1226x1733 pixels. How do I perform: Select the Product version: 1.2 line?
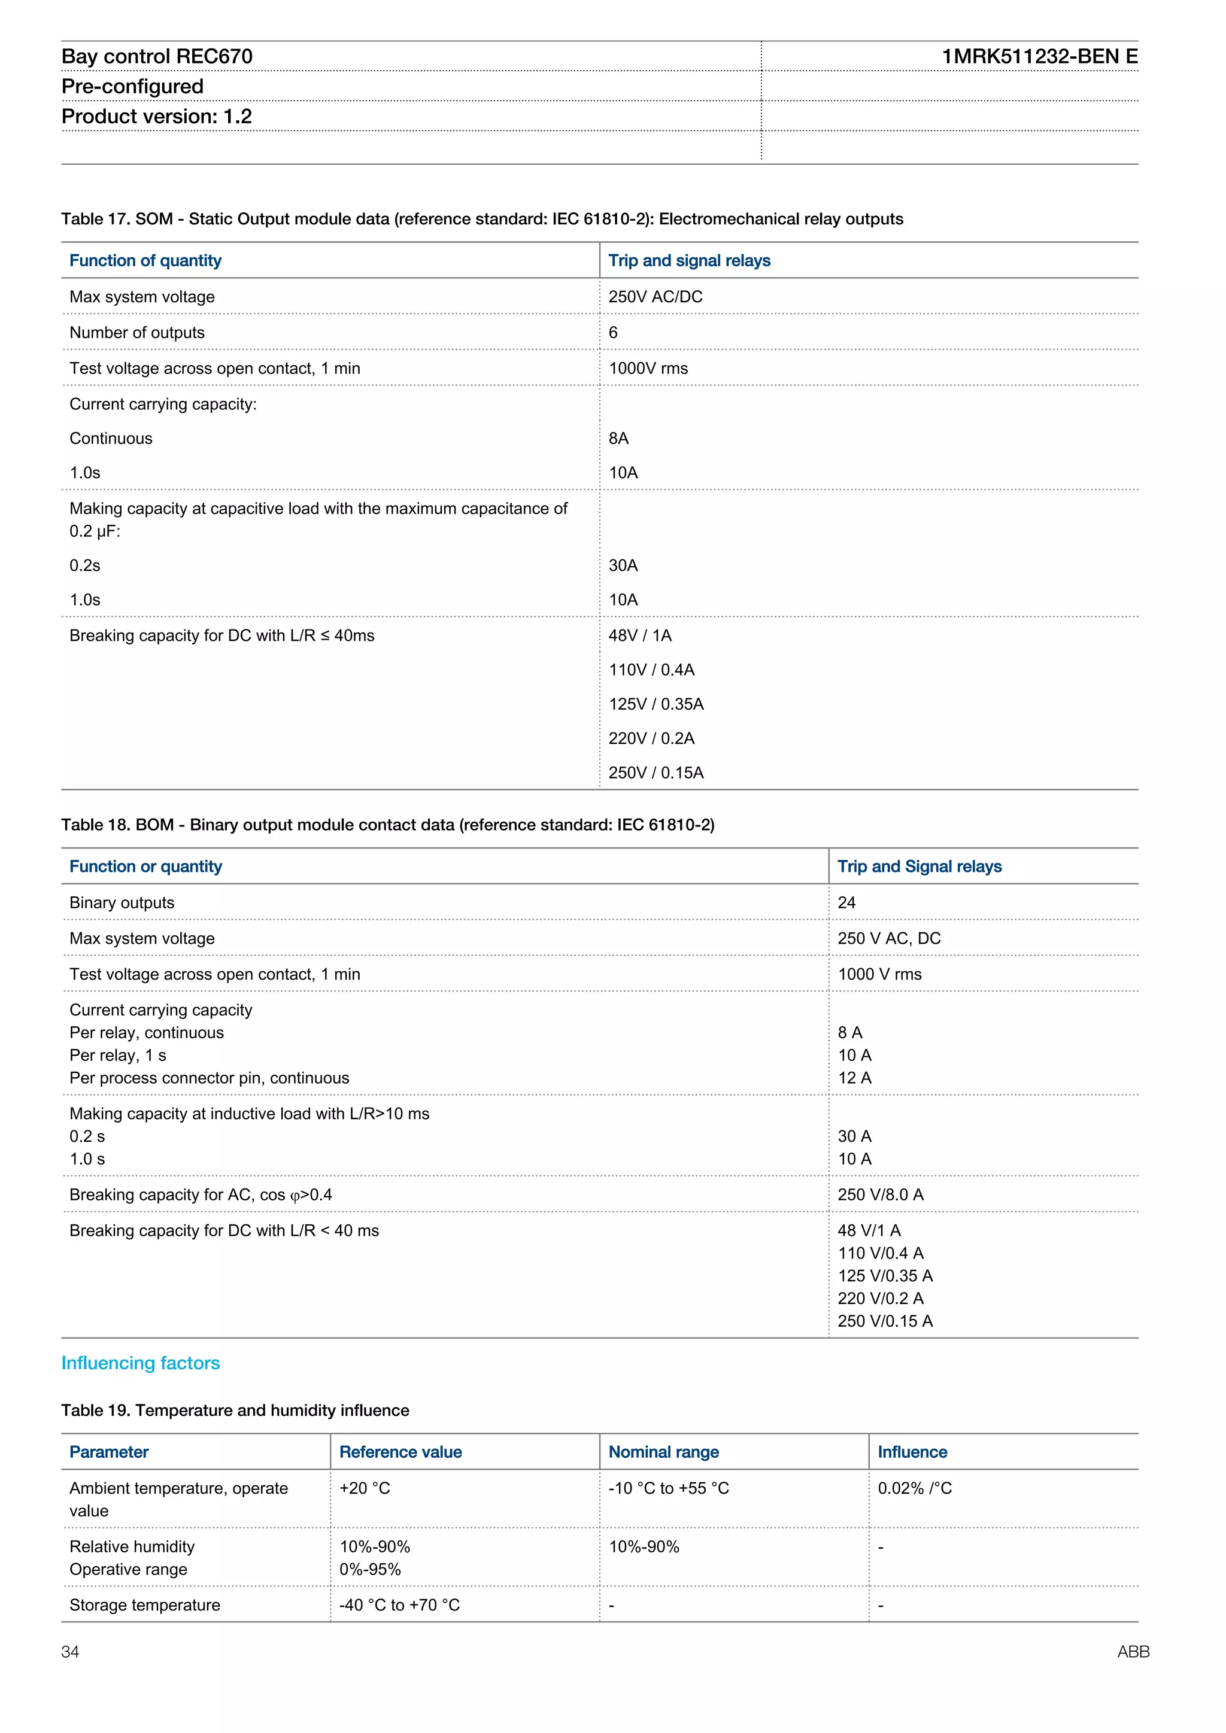click(156, 116)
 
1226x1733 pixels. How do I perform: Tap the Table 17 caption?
click(482, 219)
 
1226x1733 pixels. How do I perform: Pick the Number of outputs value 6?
click(613, 333)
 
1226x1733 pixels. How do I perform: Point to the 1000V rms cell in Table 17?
click(648, 369)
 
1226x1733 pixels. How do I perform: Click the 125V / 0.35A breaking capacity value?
click(656, 704)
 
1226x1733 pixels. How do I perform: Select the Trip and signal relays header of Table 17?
click(688, 260)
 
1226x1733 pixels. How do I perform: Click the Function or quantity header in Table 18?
click(145, 866)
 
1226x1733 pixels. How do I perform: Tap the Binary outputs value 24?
click(846, 903)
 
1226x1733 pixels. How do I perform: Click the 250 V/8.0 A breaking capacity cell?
click(879, 1195)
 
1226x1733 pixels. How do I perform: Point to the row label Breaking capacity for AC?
click(200, 1195)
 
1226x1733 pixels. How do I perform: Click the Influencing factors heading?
click(141, 1363)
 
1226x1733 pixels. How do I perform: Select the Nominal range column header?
click(663, 1452)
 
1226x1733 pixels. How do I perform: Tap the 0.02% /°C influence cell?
click(914, 1488)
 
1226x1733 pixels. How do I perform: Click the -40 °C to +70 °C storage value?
click(399, 1606)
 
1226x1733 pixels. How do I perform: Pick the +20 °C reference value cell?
click(364, 1488)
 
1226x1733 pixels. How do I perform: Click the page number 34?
click(70, 1652)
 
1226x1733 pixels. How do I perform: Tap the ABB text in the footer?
click(1133, 1652)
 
